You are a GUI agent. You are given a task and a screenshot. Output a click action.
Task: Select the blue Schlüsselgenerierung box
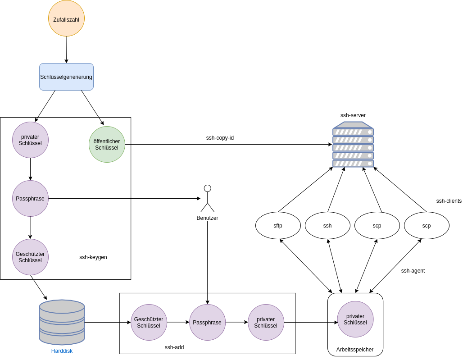66,77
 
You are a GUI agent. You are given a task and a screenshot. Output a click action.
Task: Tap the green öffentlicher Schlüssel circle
107,144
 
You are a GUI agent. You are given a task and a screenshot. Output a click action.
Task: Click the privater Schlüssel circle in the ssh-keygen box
30,140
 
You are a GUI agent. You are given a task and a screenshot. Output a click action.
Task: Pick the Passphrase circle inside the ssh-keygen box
30,198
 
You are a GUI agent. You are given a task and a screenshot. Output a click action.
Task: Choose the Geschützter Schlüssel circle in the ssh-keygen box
30,257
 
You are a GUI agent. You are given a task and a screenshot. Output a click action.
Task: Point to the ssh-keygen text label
93,257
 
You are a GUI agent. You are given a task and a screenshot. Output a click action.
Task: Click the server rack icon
353,145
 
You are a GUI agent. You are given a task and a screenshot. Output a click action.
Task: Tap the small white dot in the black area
207,188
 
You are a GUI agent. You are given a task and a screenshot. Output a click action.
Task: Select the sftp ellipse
278,225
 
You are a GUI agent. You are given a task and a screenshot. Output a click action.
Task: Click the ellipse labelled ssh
327,225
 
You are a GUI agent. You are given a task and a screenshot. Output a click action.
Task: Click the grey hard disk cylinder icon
62,322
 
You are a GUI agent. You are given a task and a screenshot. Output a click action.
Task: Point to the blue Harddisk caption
62,351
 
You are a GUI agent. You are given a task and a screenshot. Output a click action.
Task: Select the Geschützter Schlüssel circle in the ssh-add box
149,322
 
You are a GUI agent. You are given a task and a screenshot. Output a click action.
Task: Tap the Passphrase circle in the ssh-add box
207,322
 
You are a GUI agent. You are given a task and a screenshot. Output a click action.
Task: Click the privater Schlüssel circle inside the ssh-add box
266,322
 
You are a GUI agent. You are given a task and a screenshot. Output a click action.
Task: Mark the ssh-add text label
174,347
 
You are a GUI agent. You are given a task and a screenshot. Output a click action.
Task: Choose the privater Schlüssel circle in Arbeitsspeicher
355,319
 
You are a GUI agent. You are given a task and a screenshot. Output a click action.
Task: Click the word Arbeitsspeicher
355,350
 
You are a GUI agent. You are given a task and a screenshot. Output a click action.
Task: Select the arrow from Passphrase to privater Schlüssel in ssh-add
236,322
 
